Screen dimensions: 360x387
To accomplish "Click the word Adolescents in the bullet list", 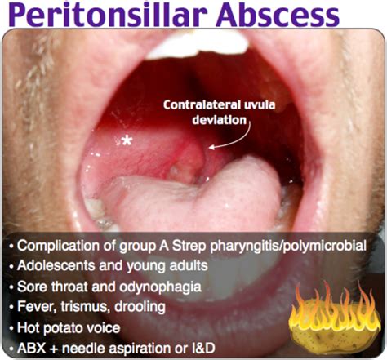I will (x=60, y=267).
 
